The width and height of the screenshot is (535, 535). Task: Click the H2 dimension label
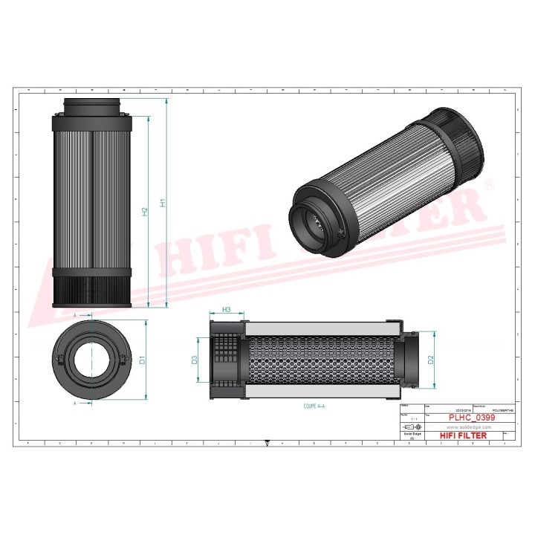(x=145, y=212)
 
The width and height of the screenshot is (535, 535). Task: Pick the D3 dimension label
(x=195, y=360)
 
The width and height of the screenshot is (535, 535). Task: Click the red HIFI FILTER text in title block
(x=463, y=435)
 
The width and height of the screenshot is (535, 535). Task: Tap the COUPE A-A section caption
(x=314, y=406)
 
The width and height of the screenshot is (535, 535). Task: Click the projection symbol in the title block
(x=409, y=428)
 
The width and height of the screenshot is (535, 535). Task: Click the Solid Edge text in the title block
(x=409, y=435)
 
